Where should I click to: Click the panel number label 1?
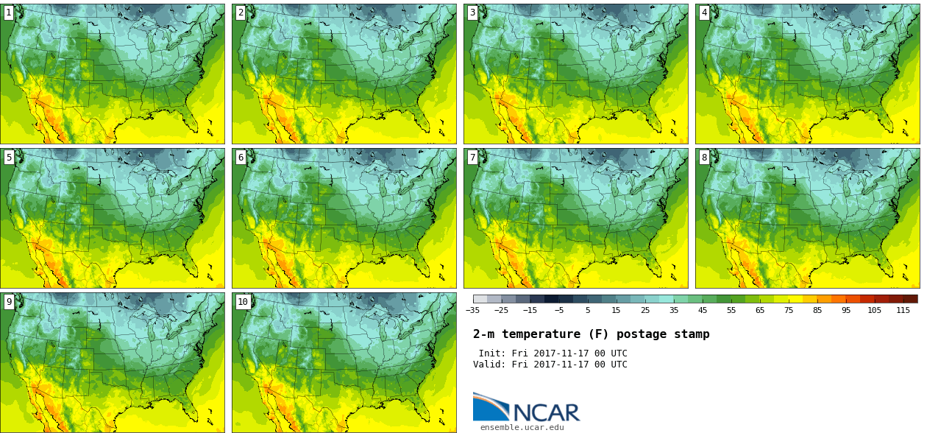(9, 13)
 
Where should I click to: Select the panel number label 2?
(241, 13)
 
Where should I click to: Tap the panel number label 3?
(472, 13)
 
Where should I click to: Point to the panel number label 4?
(704, 13)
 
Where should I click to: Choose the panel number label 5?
(9, 157)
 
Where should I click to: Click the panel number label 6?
(241, 157)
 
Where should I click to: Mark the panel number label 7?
(472, 157)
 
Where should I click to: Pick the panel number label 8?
(704, 157)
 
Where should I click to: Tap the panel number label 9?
(9, 301)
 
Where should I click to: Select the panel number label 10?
(243, 301)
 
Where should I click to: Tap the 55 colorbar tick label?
(731, 311)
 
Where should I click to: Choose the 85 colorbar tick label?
(817, 311)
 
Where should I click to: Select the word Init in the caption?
(490, 353)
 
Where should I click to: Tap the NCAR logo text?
(546, 412)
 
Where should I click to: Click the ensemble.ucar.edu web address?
(522, 427)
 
